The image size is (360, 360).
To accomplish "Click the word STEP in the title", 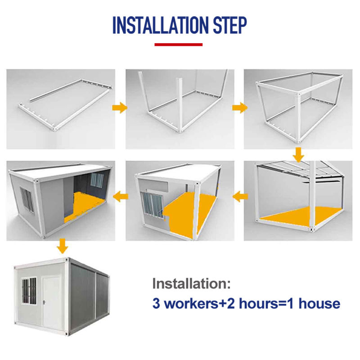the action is (230, 25).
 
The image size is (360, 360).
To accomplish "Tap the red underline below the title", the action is (178, 45).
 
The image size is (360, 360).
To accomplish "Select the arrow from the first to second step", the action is (120, 108).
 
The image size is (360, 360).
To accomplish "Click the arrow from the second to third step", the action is (240, 108).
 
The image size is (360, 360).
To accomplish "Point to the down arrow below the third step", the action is (298, 155).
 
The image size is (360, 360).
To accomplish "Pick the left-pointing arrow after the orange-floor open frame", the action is (240, 197).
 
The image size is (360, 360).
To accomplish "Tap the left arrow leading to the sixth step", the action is (121, 197).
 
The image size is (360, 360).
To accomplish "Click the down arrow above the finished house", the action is (62, 246).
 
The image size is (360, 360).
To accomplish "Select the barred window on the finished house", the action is (29, 291).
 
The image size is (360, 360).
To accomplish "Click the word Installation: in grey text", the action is (191, 283).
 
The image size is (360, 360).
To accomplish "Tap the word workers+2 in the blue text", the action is (199, 303).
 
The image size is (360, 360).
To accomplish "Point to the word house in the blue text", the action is (319, 303).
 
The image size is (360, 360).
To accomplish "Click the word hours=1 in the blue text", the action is (266, 303).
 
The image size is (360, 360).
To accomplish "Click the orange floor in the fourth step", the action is (301, 216).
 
